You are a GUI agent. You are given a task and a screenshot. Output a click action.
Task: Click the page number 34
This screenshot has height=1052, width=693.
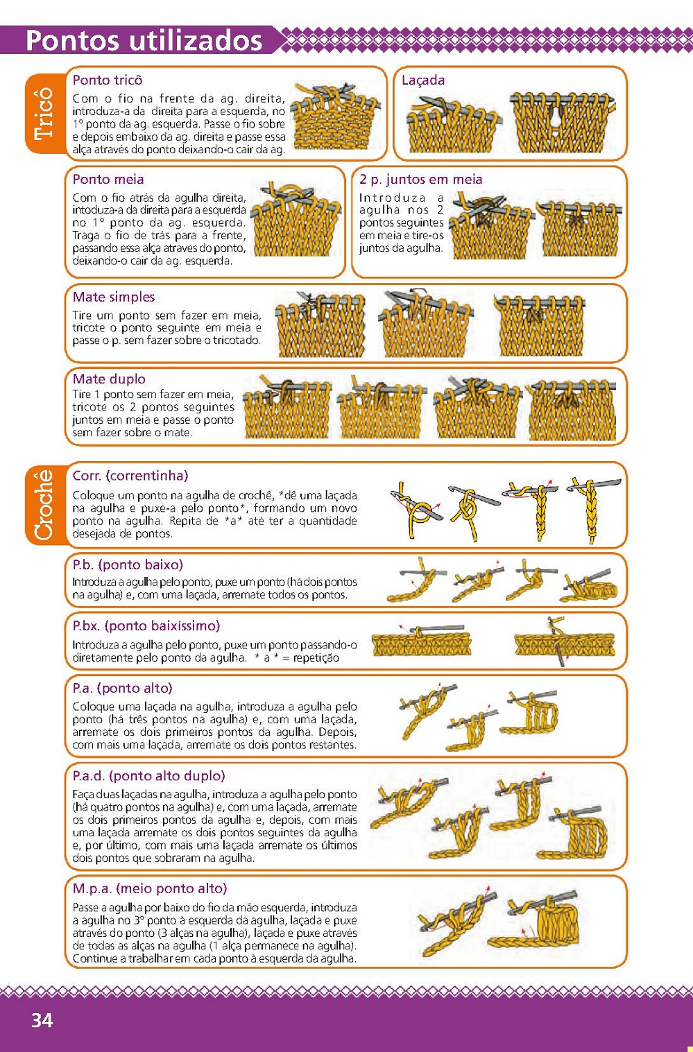(42, 1020)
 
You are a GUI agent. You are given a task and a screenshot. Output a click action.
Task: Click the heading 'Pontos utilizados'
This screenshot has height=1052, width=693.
(144, 40)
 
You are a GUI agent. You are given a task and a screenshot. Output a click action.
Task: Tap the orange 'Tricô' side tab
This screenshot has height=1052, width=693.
(45, 113)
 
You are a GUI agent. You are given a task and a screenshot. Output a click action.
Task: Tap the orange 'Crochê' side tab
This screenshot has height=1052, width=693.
(45, 505)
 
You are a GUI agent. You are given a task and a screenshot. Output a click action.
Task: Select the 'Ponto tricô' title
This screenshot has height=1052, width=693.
(107, 80)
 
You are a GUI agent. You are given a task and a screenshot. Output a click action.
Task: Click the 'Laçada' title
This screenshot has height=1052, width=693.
(423, 80)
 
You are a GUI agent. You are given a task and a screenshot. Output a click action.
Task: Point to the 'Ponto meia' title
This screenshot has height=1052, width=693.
(108, 179)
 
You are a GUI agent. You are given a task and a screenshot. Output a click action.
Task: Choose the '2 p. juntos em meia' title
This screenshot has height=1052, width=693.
(420, 179)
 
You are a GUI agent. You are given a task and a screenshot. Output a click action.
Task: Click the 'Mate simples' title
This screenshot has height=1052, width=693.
(114, 297)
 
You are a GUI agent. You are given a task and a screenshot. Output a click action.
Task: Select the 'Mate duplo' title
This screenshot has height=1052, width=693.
(109, 379)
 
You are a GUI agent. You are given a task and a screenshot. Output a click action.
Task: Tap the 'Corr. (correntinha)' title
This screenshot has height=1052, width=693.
(130, 475)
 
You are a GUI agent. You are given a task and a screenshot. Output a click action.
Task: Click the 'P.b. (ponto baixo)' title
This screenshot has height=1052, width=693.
(128, 564)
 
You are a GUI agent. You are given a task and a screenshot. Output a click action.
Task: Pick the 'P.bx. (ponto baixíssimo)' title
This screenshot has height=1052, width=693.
(146, 626)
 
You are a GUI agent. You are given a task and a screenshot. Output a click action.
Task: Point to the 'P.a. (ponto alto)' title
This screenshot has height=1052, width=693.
(122, 688)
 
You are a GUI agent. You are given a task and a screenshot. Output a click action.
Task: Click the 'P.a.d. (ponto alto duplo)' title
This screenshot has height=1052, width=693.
(149, 775)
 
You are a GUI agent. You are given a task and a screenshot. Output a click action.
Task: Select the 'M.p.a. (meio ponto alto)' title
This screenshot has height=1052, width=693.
(149, 888)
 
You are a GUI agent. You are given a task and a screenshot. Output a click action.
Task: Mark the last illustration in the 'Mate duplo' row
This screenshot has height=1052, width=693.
(572, 410)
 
